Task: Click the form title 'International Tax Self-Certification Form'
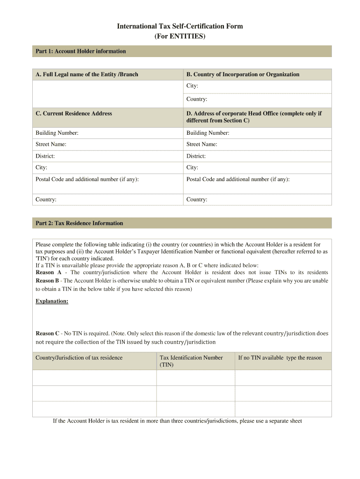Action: point(180,26)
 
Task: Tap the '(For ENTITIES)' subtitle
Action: point(180,36)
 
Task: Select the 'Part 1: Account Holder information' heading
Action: point(81,51)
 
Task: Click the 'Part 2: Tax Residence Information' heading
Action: point(79,223)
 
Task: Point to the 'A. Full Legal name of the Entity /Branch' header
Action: point(87,74)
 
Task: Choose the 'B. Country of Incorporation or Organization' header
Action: point(243,74)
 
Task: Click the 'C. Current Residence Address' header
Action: point(74,113)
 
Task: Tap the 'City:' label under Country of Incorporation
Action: point(192,86)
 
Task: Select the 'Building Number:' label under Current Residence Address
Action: point(57,133)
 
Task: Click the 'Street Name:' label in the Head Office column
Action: point(202,144)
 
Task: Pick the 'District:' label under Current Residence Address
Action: point(45,156)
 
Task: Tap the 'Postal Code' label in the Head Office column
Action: point(238,179)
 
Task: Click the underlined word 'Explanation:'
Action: point(52,301)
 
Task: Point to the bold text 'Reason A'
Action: point(49,272)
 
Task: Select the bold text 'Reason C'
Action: point(48,334)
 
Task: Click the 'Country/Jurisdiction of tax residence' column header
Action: point(79,358)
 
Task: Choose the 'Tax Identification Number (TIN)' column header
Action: point(191,361)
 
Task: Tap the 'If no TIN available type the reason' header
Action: point(280,358)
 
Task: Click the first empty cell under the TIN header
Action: point(195,378)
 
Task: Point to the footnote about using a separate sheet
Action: point(178,421)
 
